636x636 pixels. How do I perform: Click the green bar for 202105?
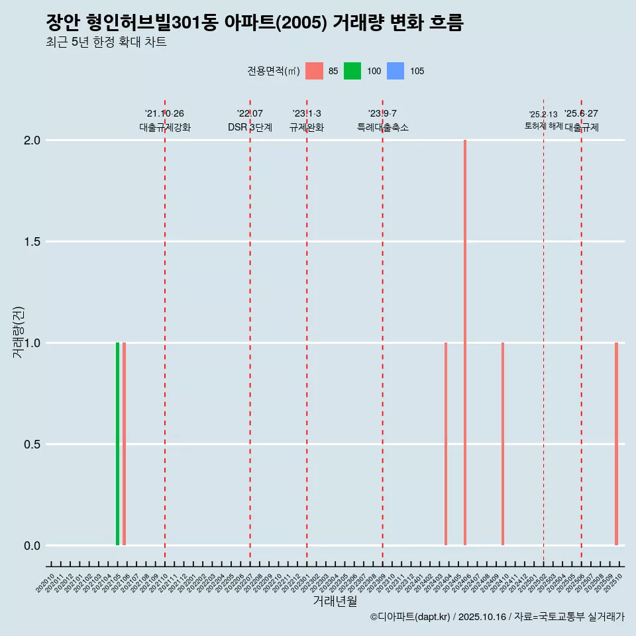[117, 444]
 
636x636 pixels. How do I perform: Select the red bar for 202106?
[124, 444]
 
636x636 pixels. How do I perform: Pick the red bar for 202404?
[446, 444]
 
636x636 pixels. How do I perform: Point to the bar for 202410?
[503, 444]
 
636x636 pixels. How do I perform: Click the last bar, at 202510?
[616, 444]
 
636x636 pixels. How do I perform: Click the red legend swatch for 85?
[314, 71]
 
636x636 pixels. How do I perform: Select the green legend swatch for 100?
[352, 71]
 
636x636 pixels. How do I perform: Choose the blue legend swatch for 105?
[395, 71]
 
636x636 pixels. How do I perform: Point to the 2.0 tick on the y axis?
[33, 140]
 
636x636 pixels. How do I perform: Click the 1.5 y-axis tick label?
[33, 242]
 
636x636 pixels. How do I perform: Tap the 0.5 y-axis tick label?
[33, 445]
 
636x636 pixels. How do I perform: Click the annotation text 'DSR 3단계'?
[250, 127]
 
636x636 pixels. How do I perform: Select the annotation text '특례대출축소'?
[382, 127]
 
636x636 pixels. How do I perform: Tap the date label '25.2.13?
[543, 115]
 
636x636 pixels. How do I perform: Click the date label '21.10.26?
[164, 113]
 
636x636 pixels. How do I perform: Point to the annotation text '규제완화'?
[307, 127]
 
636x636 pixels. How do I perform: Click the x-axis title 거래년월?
[335, 602]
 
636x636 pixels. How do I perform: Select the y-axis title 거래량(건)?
[19, 333]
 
